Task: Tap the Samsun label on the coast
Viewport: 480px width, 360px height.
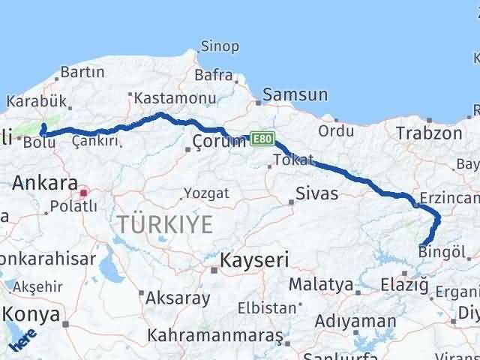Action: coord(295,95)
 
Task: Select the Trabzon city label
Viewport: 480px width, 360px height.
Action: coord(430,133)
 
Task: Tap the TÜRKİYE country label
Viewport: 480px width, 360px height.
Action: coord(164,223)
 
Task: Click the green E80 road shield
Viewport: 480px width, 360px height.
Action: coord(263,139)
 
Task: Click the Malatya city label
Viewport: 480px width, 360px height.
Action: coord(320,284)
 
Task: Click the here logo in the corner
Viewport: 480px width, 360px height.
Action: coord(22,339)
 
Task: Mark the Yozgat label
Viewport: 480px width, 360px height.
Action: coord(205,193)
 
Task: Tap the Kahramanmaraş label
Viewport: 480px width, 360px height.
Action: coord(215,334)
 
